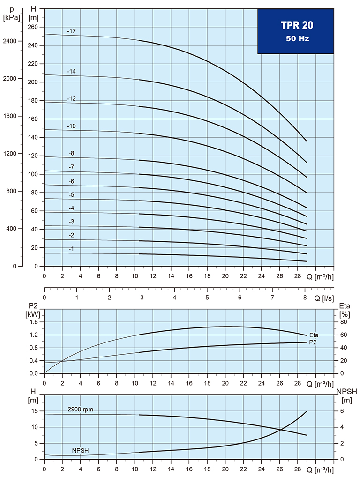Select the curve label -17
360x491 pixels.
tap(71, 31)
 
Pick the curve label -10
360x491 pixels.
tap(71, 126)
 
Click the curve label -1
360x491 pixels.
tap(71, 249)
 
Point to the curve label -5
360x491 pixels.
tap(71, 194)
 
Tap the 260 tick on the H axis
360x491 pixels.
tap(32, 27)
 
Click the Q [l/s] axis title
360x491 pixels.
tap(324, 298)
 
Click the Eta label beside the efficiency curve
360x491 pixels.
tap(314, 335)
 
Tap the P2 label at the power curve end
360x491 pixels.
tap(313, 342)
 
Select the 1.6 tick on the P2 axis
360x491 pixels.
tap(33, 322)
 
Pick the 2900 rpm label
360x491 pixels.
tap(81, 409)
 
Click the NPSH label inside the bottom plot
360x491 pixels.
tap(80, 451)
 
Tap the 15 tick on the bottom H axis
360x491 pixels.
tap(34, 411)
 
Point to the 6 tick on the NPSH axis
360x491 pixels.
tap(343, 411)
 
